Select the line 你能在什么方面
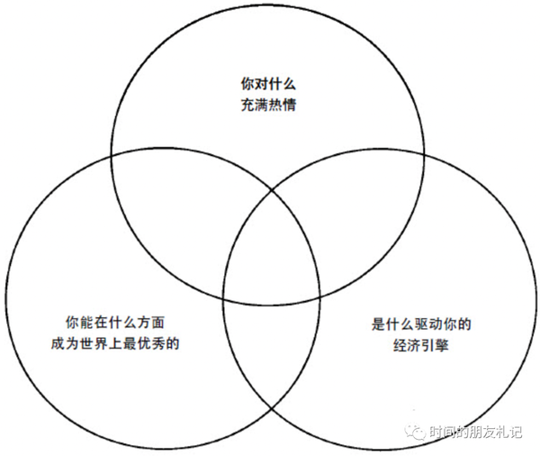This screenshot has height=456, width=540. (x=115, y=322)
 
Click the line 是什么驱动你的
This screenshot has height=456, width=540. (x=421, y=324)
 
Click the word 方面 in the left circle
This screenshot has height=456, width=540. (x=148, y=322)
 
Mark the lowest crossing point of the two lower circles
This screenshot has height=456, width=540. (x=272, y=412)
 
